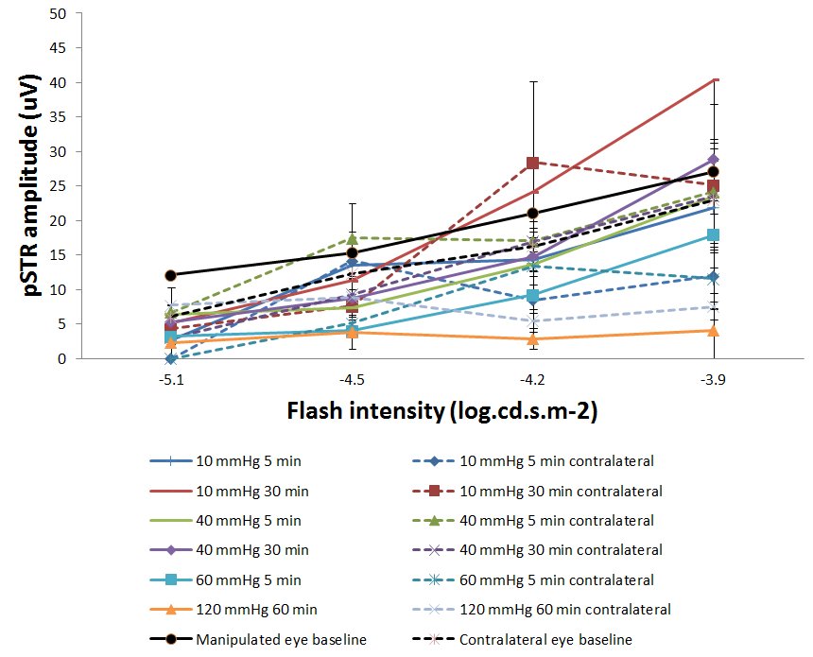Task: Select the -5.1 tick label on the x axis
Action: tap(169, 377)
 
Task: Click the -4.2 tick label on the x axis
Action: tap(532, 377)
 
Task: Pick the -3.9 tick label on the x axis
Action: tap(713, 377)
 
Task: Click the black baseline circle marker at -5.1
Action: tap(170, 275)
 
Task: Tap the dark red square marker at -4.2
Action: tap(533, 163)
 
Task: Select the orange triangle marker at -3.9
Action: tap(714, 330)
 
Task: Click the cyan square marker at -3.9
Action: tap(714, 234)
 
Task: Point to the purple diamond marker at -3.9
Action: tap(714, 160)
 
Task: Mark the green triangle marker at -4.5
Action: tap(352, 237)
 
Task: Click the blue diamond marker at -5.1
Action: tap(170, 358)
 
